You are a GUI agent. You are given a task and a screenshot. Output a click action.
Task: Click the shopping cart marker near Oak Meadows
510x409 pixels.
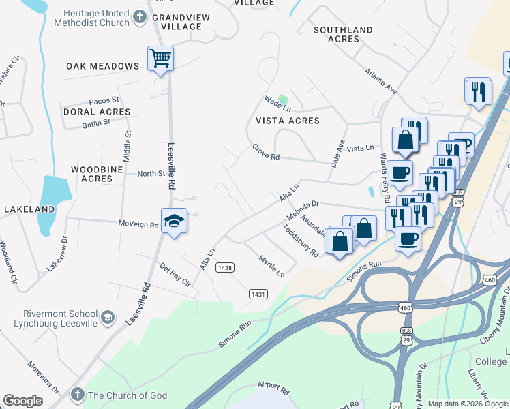[160, 59]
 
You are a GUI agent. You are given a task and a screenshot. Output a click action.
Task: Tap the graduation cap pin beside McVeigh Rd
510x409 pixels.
[175, 221]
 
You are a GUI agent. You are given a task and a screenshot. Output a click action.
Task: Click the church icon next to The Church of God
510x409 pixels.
[77, 395]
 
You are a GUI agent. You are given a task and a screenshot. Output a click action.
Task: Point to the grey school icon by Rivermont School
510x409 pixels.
[108, 317]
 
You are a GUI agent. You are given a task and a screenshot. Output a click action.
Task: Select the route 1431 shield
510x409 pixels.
[258, 294]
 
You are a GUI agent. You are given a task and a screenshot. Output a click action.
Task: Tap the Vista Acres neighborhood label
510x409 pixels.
[287, 121]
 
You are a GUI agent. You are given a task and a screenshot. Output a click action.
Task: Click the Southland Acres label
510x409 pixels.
[343, 34]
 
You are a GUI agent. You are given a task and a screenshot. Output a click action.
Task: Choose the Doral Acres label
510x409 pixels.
[96, 112]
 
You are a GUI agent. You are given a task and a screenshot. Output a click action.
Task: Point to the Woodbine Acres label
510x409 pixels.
[97, 173]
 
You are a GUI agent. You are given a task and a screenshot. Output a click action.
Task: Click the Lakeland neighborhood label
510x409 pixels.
[29, 209]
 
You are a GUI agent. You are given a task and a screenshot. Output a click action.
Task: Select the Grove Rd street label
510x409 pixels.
[266, 152]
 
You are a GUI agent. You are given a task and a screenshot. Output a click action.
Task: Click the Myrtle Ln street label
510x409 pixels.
[271, 266]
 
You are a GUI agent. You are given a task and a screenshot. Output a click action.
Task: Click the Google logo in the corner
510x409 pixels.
[22, 401]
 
